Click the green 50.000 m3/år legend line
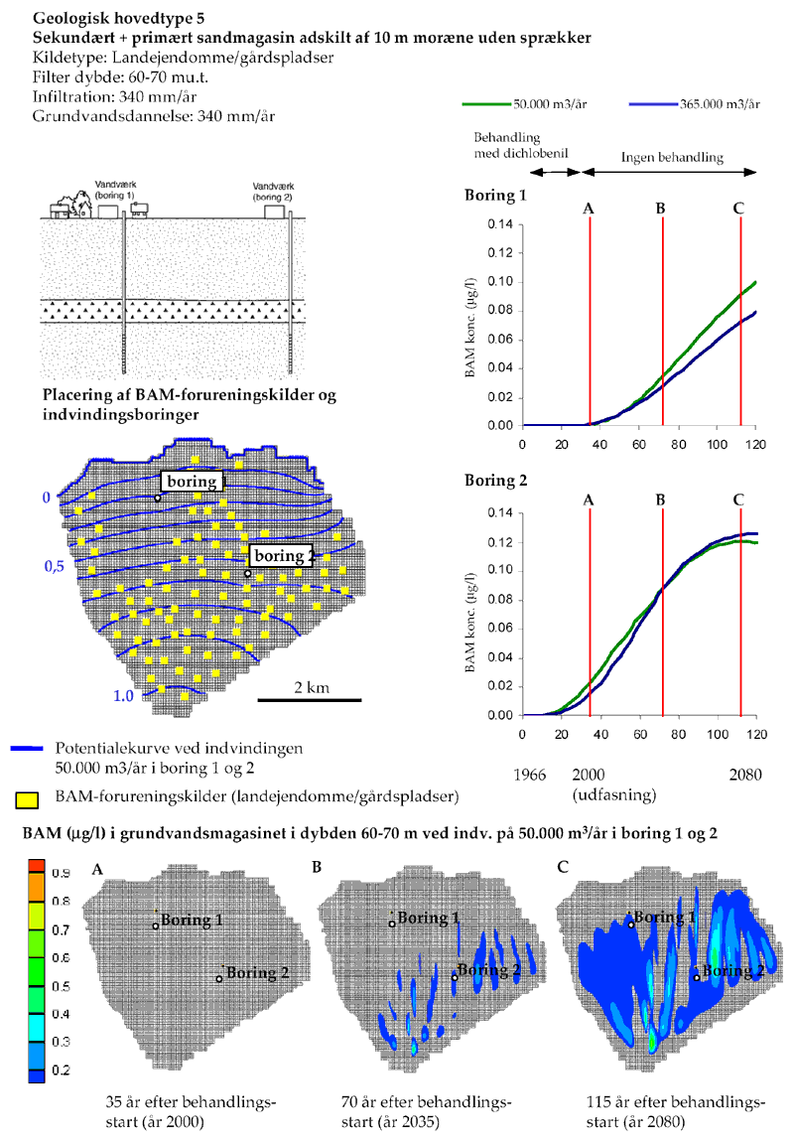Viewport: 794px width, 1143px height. [486, 104]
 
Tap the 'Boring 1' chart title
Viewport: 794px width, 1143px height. [496, 195]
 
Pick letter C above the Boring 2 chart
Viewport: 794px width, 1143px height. [738, 500]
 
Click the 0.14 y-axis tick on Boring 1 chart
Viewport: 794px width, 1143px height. [498, 224]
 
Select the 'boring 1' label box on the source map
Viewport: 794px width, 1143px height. [193, 482]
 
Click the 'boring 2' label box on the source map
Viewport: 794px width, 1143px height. [280, 556]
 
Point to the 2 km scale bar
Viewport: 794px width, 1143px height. [309, 699]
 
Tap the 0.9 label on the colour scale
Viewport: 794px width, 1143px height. [63, 873]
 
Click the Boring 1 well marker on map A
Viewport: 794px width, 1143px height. [156, 927]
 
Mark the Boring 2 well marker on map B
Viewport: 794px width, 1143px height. [455, 977]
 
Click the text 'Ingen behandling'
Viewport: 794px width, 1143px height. [672, 157]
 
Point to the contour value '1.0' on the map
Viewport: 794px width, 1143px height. [123, 696]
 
